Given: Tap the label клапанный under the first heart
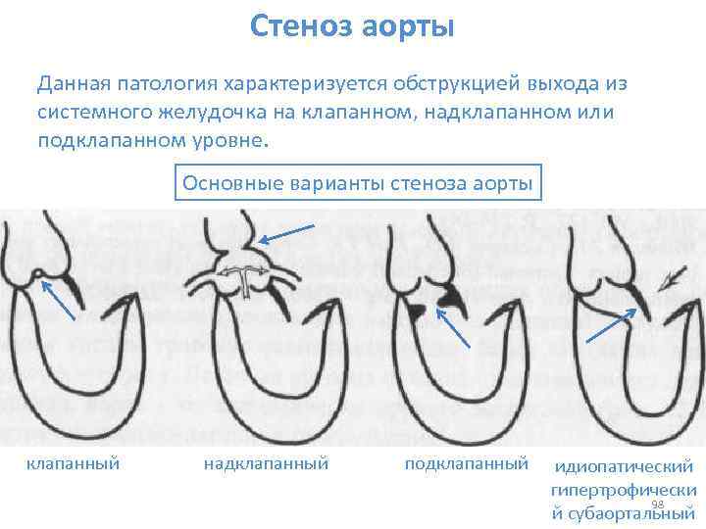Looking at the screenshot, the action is pos(73,461).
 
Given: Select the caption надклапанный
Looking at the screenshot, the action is pos(265,461).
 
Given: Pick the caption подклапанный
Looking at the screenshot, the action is pos(466,461).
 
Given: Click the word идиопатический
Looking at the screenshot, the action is pos(624,467).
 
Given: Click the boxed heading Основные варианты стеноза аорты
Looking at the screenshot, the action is pos(358,183).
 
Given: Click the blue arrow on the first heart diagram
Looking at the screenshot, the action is pos(58,298).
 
